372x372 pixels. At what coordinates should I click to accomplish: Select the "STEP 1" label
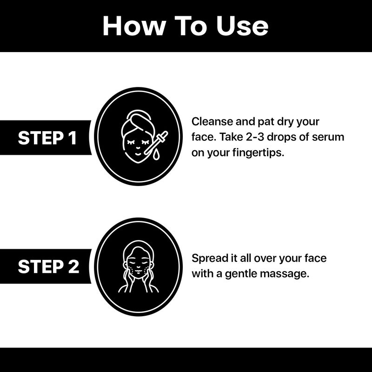(x=47, y=138)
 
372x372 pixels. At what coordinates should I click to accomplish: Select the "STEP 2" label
(x=48, y=266)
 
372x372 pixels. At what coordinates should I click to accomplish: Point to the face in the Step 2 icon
(x=138, y=265)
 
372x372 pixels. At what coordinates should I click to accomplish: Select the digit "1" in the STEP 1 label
(x=73, y=138)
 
